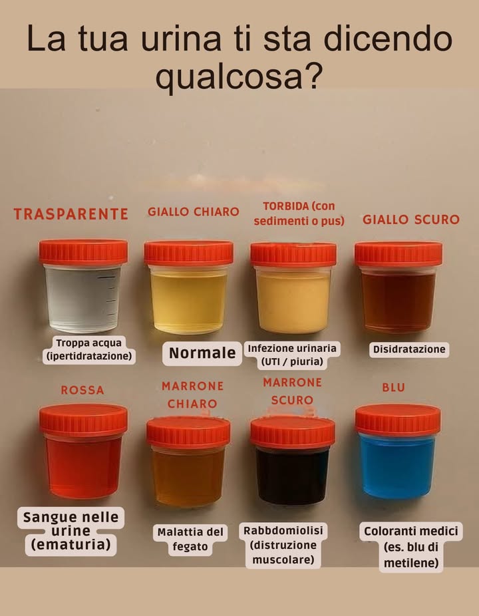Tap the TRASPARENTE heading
(x=71, y=214)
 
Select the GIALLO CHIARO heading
(x=193, y=212)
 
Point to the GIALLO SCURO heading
(x=410, y=220)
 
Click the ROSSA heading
(x=82, y=390)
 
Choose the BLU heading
(x=393, y=388)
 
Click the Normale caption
(x=202, y=353)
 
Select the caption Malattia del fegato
(x=191, y=539)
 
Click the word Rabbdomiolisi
(x=283, y=531)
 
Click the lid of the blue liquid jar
(x=398, y=420)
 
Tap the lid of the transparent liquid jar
(x=83, y=252)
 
